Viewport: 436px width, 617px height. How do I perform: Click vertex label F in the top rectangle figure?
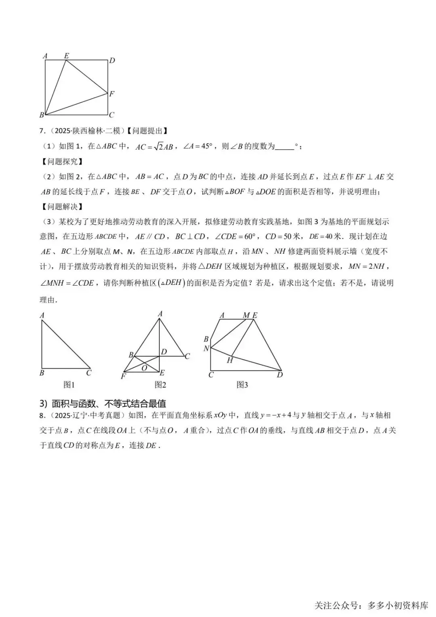[112, 94]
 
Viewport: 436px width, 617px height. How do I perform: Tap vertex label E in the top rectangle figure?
[67, 56]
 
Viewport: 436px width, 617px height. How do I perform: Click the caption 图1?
[69, 385]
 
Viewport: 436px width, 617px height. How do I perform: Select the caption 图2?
[160, 385]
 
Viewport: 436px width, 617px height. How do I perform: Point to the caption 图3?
[242, 385]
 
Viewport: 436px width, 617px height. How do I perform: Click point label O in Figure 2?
[144, 368]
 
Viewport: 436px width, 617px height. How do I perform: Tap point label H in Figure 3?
[230, 360]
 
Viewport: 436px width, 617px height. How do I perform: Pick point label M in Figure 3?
[246, 315]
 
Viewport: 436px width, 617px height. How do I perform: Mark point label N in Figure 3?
[206, 348]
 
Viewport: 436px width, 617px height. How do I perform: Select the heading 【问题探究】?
[63, 161]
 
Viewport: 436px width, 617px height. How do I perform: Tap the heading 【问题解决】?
[63, 206]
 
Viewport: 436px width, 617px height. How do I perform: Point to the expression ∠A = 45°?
[197, 146]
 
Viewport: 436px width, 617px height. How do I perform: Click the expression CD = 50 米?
[283, 236]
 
